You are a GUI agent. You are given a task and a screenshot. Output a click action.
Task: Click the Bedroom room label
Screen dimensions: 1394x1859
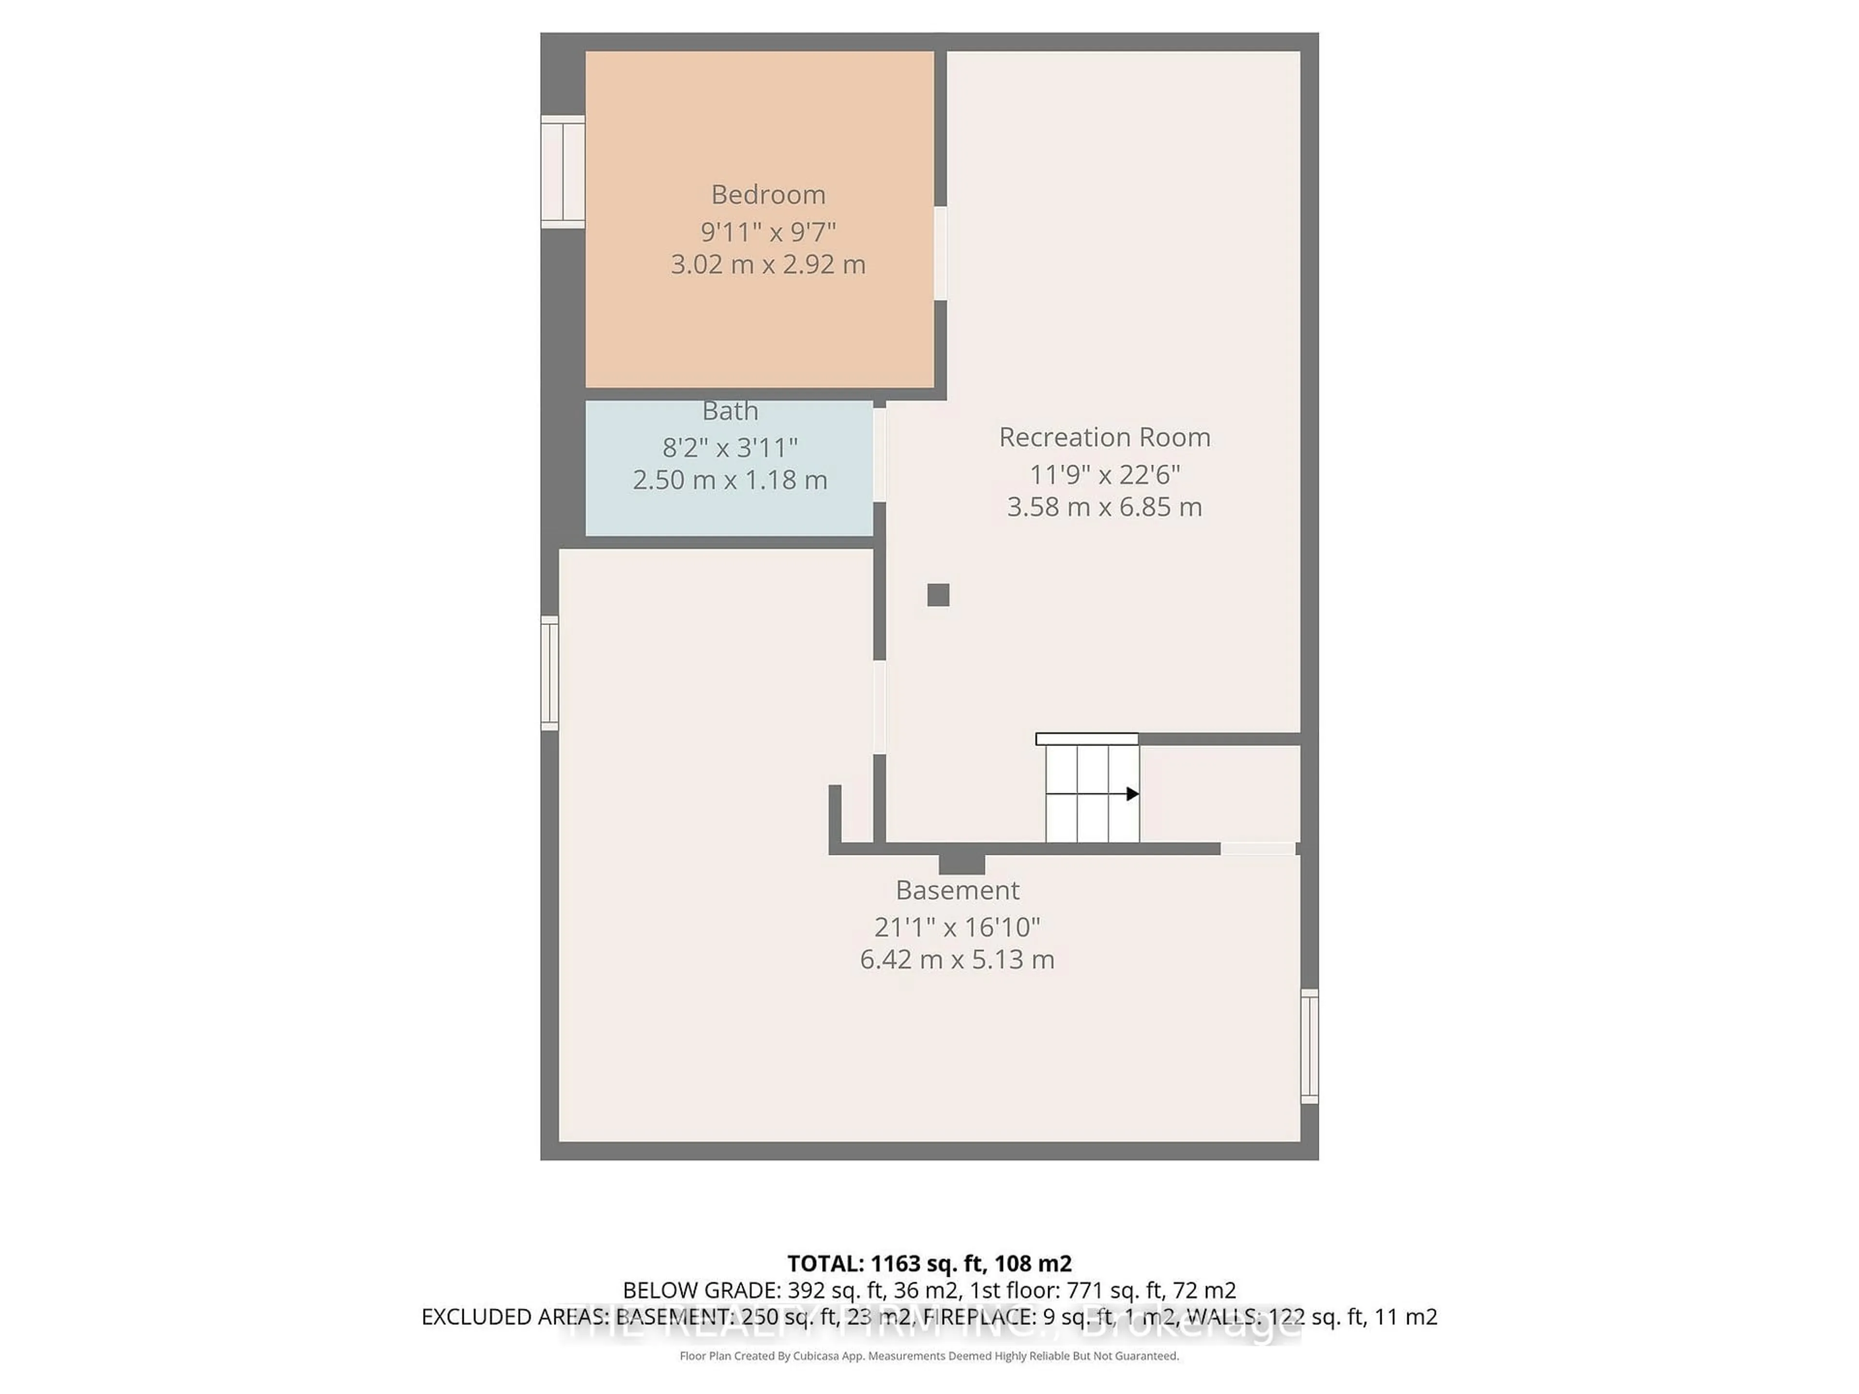768,195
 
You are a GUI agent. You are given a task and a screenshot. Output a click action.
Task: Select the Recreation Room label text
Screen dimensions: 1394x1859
1104,437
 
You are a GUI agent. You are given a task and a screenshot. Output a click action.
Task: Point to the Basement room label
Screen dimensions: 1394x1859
957,890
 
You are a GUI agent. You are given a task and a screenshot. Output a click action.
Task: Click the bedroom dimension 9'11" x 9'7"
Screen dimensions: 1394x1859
768,231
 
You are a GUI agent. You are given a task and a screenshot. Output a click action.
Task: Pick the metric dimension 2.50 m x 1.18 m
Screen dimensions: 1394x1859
730,481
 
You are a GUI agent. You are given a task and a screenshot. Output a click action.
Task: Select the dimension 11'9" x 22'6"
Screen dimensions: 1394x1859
1104,475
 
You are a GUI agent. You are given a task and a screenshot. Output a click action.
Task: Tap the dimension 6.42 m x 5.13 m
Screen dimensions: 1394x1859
957,959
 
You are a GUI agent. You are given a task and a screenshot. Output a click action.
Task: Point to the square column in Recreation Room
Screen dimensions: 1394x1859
938,595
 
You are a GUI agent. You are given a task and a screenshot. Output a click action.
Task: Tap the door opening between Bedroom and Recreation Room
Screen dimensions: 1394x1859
941,253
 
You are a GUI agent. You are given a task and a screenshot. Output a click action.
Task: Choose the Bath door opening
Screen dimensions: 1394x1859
879,455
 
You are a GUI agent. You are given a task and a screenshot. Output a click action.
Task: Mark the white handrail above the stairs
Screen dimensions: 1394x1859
1087,739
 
